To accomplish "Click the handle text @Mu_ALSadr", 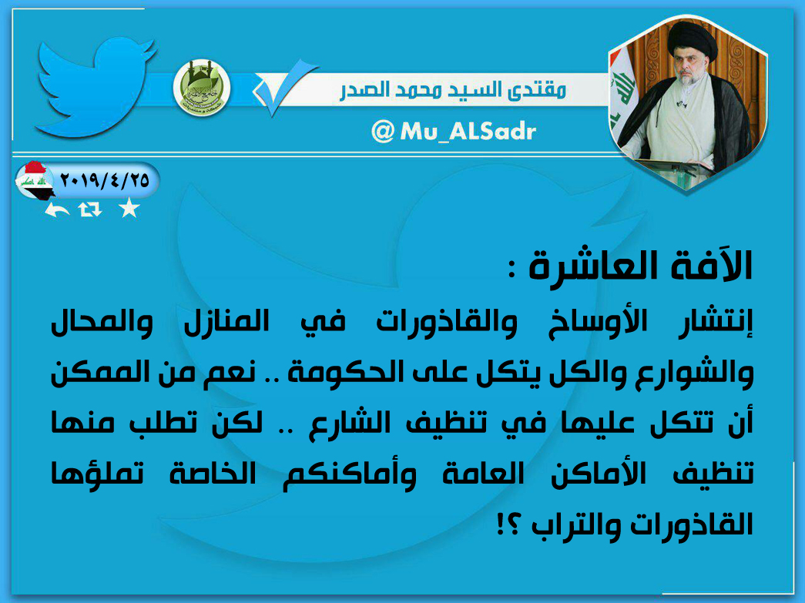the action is click(453, 132).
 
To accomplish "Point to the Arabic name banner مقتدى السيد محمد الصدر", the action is click(453, 91).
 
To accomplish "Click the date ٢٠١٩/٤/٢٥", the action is click(105, 180).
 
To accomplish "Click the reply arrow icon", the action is click(57, 209).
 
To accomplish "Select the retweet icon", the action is click(90, 209).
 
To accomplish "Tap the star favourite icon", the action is click(129, 208).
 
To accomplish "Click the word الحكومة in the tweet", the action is click(334, 371).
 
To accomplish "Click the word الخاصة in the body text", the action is click(213, 473).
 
